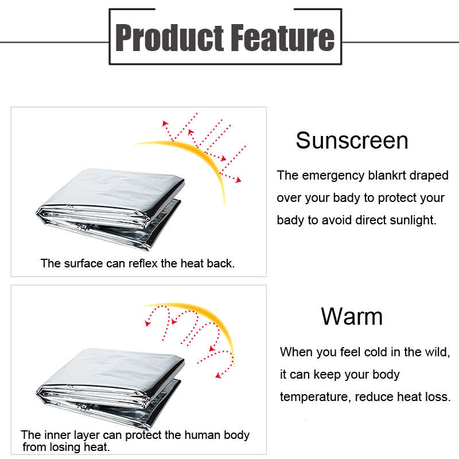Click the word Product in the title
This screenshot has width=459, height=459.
(x=169, y=37)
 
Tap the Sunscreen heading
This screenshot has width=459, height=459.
(x=352, y=141)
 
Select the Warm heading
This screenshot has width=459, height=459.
(x=352, y=317)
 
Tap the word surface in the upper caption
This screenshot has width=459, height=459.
(x=83, y=263)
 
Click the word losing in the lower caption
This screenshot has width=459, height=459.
(x=65, y=447)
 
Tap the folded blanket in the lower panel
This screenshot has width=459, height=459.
(x=110, y=388)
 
